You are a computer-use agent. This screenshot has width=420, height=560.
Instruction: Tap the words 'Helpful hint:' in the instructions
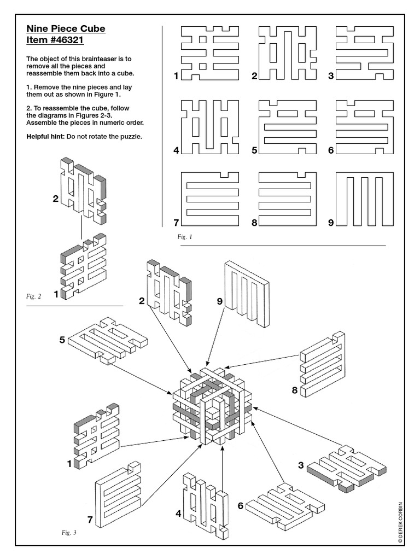point(46,136)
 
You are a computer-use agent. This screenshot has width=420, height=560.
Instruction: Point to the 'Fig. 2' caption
point(33,296)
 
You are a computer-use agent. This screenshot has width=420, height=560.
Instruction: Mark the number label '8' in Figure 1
point(254,223)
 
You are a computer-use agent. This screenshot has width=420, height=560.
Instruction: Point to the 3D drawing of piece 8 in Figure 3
point(323,364)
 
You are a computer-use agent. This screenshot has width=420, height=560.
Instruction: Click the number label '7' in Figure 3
point(90,520)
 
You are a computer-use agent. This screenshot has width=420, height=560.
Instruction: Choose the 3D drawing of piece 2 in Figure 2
point(82,191)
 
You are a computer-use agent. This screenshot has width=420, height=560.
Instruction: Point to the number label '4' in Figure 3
point(178,514)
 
